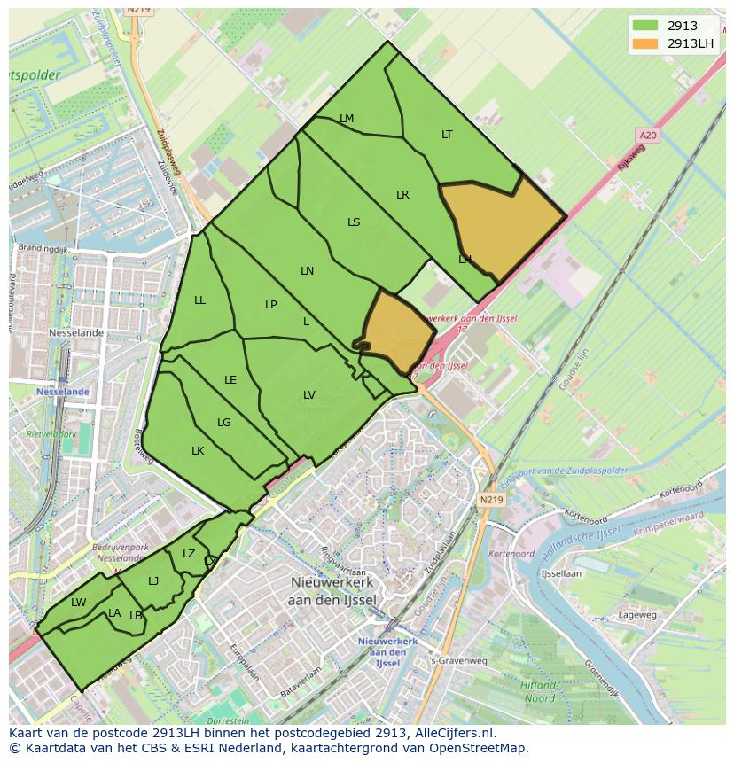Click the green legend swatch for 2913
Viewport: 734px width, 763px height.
tap(645, 27)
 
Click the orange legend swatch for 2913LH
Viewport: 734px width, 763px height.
tap(645, 43)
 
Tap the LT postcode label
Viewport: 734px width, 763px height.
tap(447, 135)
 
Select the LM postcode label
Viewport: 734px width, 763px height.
tap(347, 119)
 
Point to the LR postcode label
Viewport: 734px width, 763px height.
tap(402, 195)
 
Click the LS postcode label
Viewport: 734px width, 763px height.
tap(354, 222)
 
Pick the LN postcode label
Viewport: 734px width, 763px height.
tap(308, 271)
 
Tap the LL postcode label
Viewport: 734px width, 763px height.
tap(199, 300)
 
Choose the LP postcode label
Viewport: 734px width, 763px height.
tap(271, 305)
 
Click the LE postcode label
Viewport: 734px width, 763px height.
tap(230, 380)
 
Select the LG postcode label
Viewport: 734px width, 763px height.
tap(224, 423)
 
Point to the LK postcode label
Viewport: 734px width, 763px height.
tap(198, 451)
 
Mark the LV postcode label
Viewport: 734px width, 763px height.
tap(309, 395)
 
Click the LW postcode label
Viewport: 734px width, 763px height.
tap(79, 603)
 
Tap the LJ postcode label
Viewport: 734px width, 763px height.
tap(153, 581)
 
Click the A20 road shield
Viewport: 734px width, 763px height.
tap(647, 135)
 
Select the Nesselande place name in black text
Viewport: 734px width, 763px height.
tap(78, 333)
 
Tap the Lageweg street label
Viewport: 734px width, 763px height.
tap(637, 614)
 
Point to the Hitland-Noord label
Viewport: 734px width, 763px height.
tap(539, 692)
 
